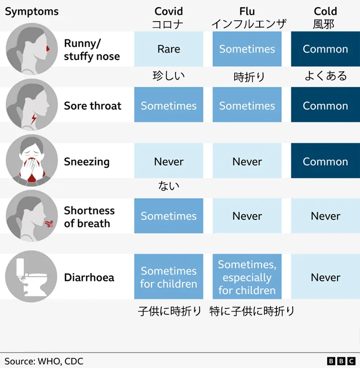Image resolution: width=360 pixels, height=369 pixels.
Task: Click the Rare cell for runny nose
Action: click(x=169, y=49)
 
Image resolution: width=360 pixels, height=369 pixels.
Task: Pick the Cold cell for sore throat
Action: click(x=326, y=106)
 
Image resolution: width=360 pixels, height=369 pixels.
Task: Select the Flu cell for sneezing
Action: click(x=247, y=162)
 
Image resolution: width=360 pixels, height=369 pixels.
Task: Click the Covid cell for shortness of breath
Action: click(x=169, y=216)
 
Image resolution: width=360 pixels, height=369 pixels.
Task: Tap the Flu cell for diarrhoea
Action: click(x=247, y=277)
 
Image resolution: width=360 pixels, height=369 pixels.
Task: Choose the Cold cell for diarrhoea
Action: click(x=326, y=277)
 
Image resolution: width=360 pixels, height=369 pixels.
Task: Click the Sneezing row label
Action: click(x=87, y=162)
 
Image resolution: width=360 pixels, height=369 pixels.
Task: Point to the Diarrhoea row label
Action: click(x=89, y=277)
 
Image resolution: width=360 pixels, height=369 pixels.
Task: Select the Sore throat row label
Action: click(x=92, y=106)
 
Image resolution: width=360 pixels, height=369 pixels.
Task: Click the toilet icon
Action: click(x=29, y=277)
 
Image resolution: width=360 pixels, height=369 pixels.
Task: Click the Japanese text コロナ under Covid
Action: click(x=169, y=24)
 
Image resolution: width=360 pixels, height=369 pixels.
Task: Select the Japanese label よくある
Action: click(x=326, y=76)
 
